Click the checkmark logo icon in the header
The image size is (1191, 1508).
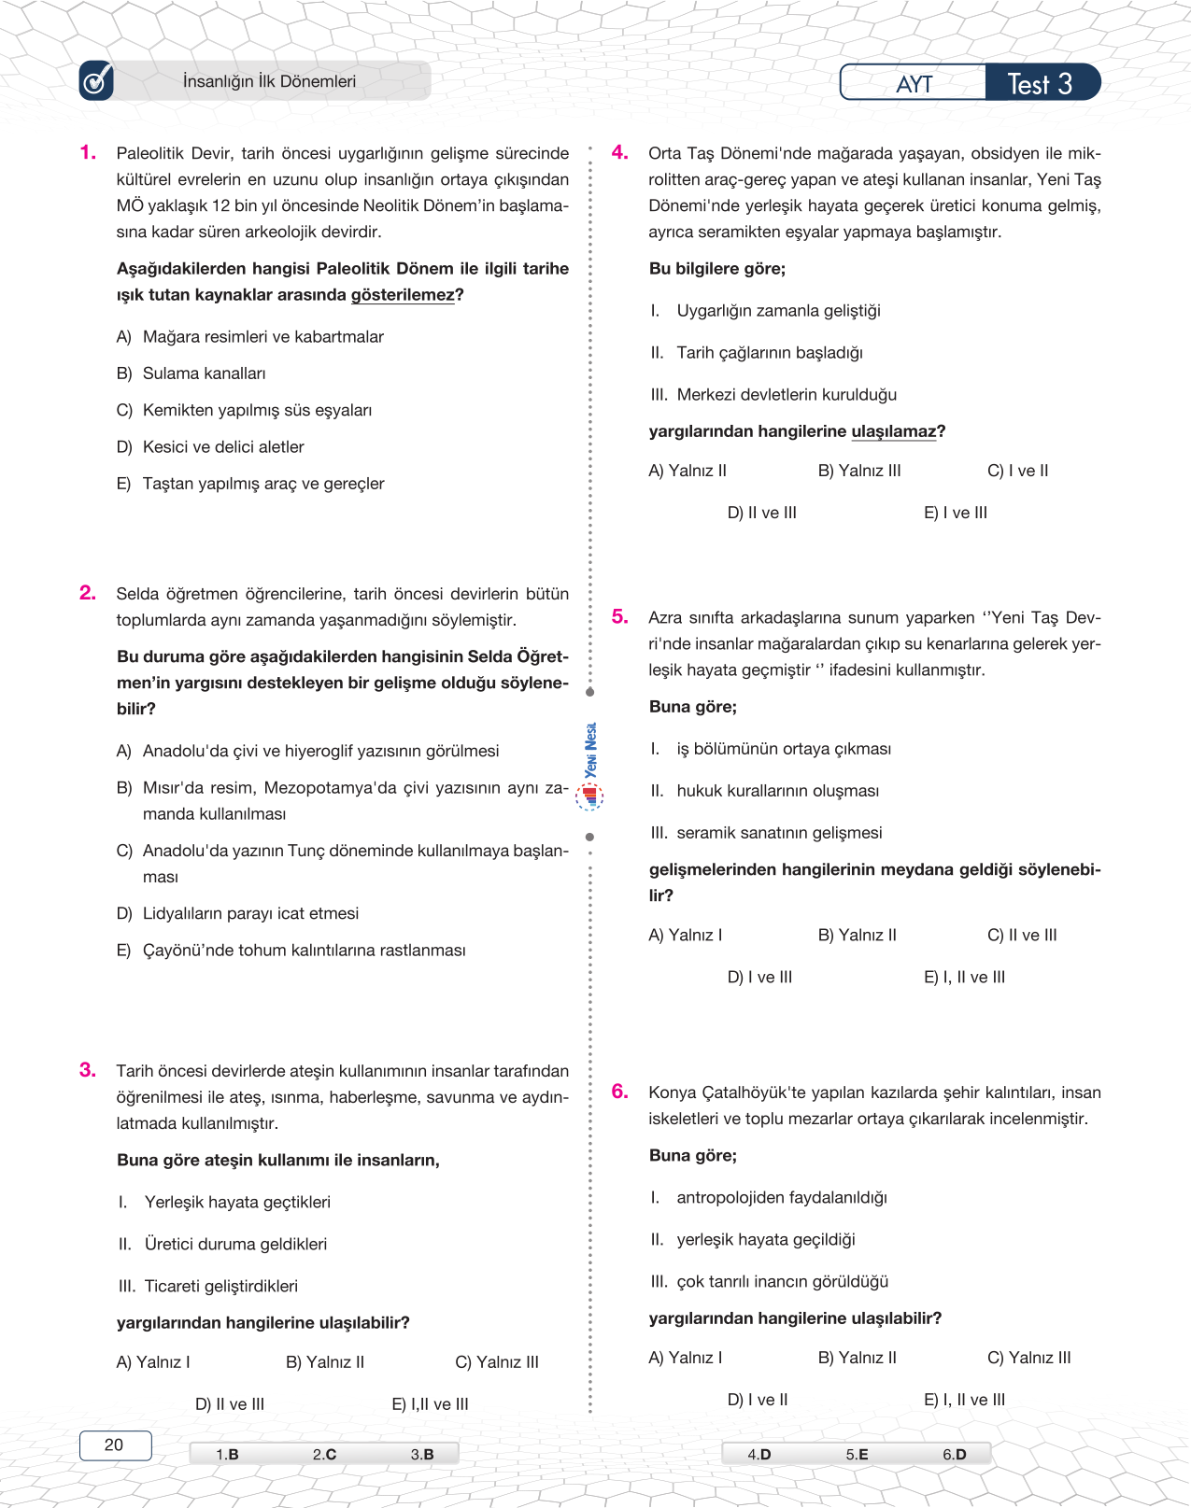point(96,81)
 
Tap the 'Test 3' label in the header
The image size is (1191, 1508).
point(1040,84)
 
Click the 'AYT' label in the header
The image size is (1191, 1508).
point(914,84)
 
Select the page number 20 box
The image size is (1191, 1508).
point(114,1445)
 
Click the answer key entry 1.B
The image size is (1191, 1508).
point(227,1454)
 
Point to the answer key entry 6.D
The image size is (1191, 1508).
point(954,1454)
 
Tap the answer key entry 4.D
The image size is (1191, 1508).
point(759,1454)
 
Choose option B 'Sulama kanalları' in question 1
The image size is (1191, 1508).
point(204,373)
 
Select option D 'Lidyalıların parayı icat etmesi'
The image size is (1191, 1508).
point(250,913)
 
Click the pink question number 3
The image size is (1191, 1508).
point(88,1070)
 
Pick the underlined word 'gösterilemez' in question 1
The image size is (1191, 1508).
point(403,295)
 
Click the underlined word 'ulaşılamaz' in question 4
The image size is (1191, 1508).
point(893,431)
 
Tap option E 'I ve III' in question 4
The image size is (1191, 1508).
point(955,513)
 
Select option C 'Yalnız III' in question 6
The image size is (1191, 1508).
point(1028,1358)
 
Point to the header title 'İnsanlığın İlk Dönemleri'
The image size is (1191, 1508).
point(269,81)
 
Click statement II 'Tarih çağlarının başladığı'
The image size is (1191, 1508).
point(770,353)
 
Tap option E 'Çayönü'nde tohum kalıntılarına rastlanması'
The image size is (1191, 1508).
point(304,951)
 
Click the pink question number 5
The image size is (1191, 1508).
point(620,616)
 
